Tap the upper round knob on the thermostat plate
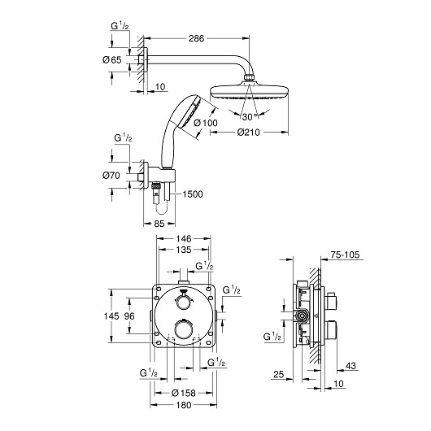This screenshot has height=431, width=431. pos(183,302)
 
